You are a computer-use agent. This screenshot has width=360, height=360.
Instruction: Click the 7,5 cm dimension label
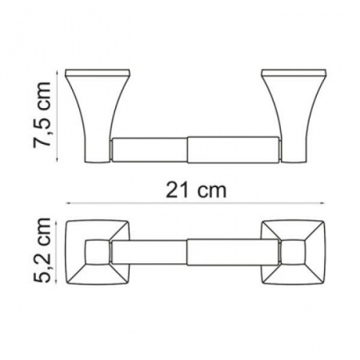(x=42, y=115)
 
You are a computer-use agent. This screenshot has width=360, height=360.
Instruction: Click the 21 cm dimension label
(x=196, y=190)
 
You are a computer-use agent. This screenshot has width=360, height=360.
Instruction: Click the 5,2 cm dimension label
(x=42, y=250)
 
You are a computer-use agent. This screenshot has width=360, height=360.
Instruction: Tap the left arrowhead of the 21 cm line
(x=67, y=203)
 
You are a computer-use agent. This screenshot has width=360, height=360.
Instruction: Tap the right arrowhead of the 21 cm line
(x=323, y=203)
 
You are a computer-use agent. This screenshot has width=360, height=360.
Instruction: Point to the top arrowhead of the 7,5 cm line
(x=57, y=72)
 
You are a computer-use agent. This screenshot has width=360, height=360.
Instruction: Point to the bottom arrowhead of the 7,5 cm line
(x=57, y=159)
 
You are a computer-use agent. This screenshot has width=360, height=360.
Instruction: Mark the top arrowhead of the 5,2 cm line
(x=56, y=222)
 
